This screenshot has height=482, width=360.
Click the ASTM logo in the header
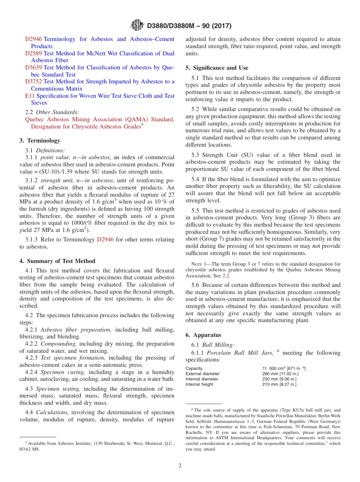(x=137, y=25)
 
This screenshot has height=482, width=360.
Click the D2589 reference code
(x=33, y=53)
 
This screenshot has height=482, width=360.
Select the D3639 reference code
(x=33, y=67)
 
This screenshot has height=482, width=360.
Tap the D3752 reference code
(x=33, y=81)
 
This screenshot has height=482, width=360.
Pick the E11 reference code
(x=30, y=96)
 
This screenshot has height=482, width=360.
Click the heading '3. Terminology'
(x=40, y=141)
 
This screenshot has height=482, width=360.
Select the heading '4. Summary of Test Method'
(x=57, y=261)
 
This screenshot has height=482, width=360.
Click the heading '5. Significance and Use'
(x=217, y=68)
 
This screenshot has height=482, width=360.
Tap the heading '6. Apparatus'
(x=203, y=335)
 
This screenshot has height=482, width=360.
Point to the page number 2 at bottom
(x=180, y=466)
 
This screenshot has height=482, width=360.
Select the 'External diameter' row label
(x=202, y=374)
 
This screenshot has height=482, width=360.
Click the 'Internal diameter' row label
(x=202, y=379)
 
